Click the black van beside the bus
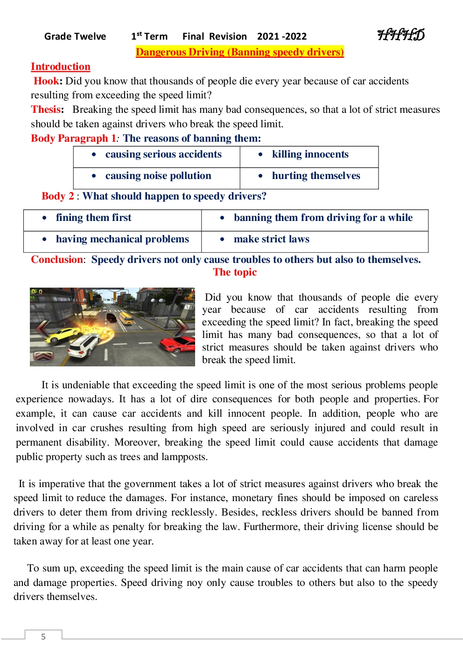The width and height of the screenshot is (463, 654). (111, 317)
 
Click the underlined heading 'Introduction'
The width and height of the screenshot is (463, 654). (61, 67)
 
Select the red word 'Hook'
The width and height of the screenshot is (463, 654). (46, 81)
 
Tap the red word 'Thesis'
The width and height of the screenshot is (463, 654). (46, 110)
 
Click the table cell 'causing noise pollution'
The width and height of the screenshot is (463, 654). (158, 176)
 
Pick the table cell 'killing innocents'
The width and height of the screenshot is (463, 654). (310, 154)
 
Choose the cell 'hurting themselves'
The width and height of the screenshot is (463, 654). (316, 176)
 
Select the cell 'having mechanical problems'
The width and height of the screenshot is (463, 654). (122, 239)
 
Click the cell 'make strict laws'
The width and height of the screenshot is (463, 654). (271, 239)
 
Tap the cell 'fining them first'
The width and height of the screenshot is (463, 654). (93, 218)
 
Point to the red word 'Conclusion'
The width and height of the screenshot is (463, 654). (56, 260)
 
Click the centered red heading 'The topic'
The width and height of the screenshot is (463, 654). (235, 272)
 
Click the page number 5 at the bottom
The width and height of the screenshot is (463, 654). (43, 637)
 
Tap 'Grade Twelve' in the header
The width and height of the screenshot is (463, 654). (75, 36)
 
